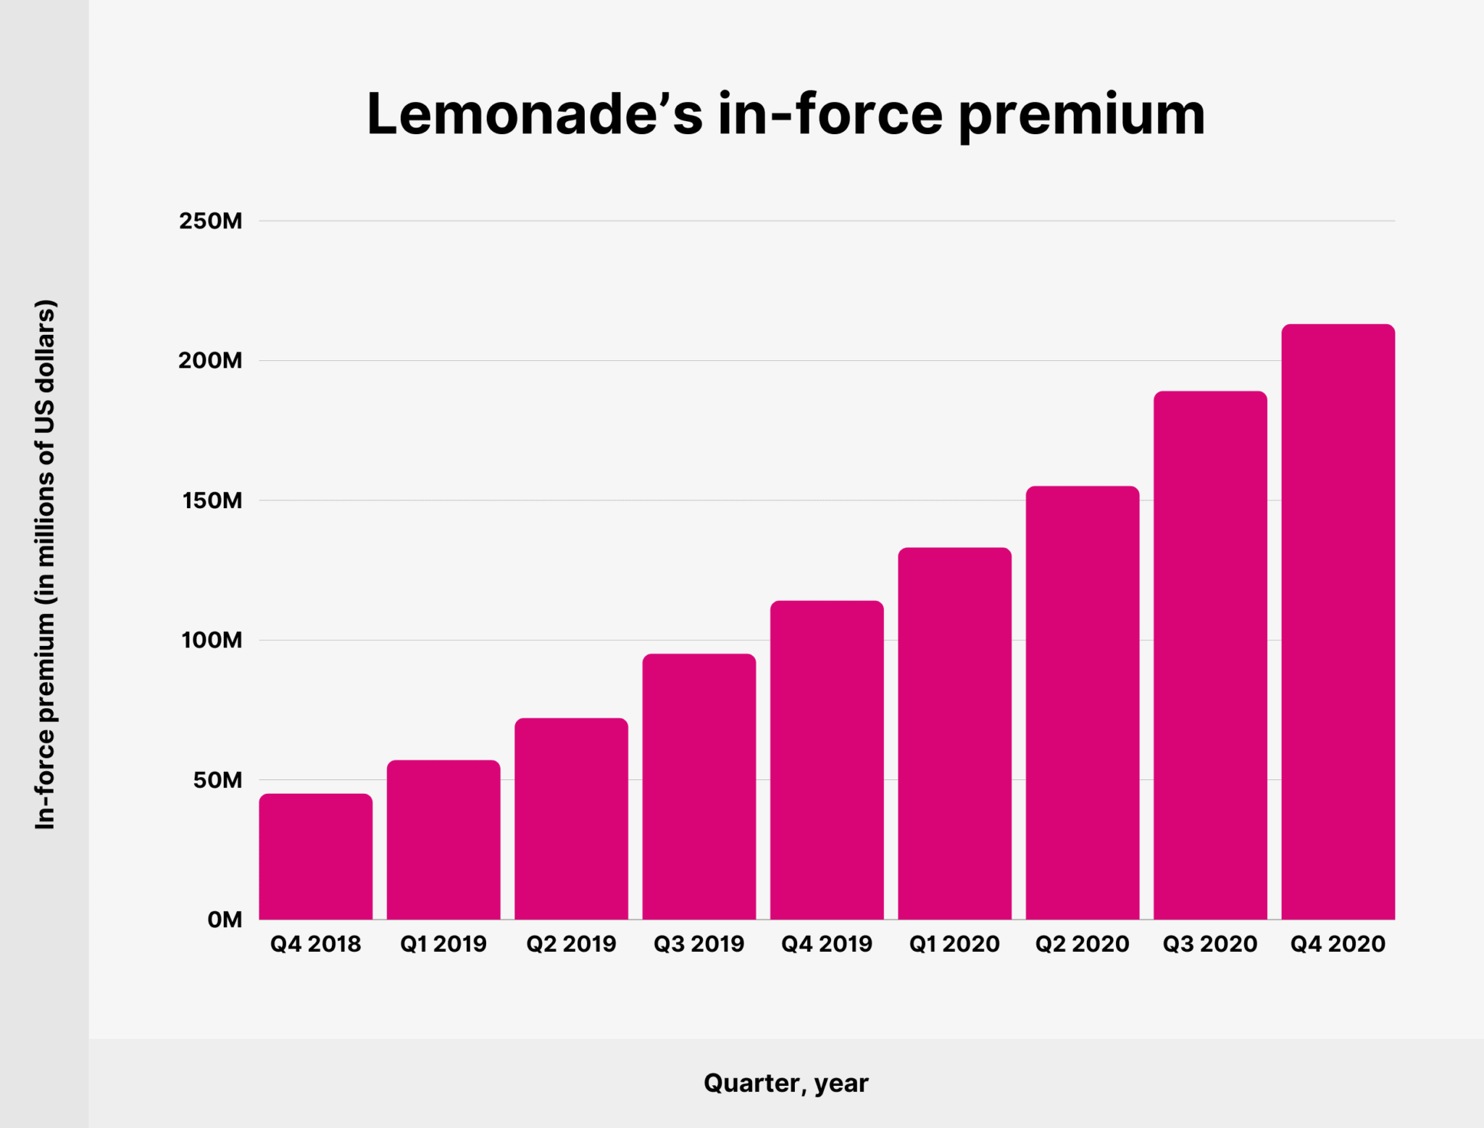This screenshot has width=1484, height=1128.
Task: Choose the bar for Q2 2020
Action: (1083, 703)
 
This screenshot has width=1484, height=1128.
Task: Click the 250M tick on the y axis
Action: (210, 221)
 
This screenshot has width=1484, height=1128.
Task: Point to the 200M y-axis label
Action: (210, 360)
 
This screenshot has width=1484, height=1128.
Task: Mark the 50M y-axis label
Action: (217, 780)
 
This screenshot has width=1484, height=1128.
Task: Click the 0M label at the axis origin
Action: (224, 920)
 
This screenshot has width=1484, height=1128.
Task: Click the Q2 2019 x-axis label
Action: (571, 944)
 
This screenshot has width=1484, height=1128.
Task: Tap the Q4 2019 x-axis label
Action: (827, 944)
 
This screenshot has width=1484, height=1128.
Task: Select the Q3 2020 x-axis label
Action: (1210, 944)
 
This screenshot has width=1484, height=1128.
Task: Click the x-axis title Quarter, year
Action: (785, 1083)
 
